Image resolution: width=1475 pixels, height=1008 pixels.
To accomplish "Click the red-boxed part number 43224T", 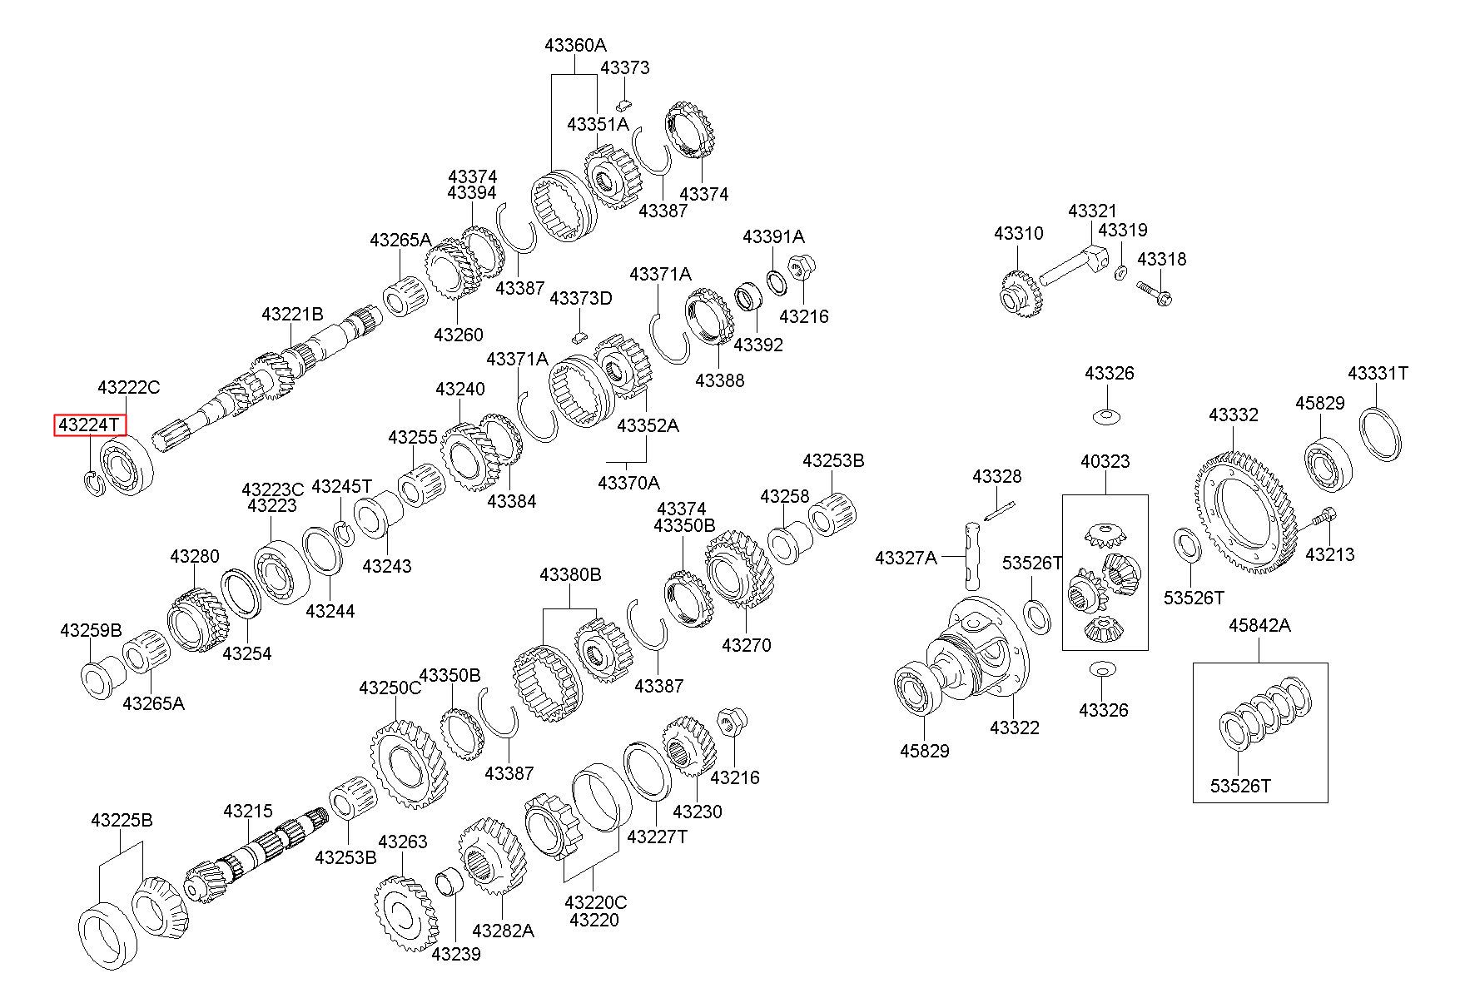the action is pos(91,425).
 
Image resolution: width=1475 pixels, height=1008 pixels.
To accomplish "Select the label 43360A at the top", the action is pos(576,45).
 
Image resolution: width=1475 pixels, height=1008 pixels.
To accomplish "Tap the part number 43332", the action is pos(1234,415).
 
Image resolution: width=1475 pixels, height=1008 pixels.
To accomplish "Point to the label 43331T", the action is pos(1378,373).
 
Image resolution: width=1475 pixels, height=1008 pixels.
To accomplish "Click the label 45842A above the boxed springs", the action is pos(1259,625).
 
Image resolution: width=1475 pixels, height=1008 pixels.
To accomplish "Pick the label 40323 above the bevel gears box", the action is pos(1105,461).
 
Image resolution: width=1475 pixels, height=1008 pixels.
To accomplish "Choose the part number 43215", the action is pos(248,810).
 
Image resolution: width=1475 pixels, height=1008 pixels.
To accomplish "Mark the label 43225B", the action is pos(122,820).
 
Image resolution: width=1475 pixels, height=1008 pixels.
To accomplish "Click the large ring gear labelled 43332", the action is pos(1247,514).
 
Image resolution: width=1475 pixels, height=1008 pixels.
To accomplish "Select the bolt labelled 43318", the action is pos(1155,293).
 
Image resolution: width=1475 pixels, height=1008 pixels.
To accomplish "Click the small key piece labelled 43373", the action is pos(625,104).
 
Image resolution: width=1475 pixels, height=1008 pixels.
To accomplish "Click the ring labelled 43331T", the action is pos(1381,431).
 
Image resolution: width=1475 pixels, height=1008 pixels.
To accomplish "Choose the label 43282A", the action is pos(503,930).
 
